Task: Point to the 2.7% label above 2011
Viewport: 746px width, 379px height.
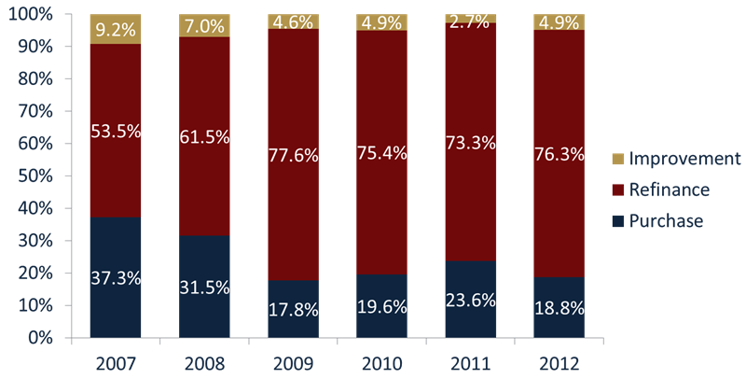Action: coord(470,18)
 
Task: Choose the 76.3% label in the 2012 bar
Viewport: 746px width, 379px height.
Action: coord(559,152)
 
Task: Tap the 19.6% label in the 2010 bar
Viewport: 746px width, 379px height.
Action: coord(381,302)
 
